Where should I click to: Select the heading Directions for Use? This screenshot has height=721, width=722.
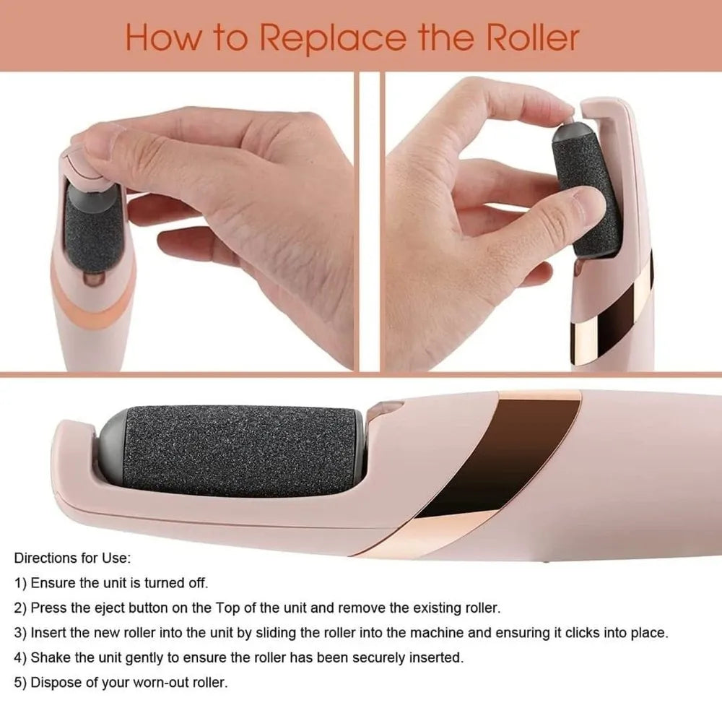(x=72, y=558)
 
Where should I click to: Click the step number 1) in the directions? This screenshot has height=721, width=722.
(x=21, y=582)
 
